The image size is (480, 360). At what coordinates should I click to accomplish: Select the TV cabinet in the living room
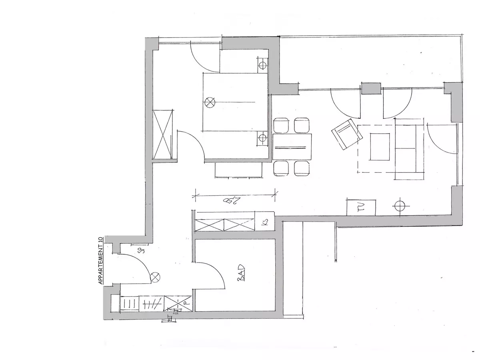point(361,207)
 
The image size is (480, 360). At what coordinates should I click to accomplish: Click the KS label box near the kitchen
point(264,222)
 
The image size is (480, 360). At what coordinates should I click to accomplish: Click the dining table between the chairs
point(292,147)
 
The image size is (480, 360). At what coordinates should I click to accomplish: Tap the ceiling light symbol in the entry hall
point(155,276)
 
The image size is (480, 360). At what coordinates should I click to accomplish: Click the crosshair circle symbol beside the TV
point(399,206)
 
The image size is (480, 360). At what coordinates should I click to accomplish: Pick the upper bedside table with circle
point(262,65)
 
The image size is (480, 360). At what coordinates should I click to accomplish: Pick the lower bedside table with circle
point(262,138)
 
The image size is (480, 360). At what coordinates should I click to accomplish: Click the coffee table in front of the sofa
point(380,146)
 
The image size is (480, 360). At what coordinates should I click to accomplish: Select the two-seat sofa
point(408,149)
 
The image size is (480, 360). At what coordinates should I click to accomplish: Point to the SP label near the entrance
point(141,251)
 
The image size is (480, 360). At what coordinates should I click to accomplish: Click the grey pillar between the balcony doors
point(371,88)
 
